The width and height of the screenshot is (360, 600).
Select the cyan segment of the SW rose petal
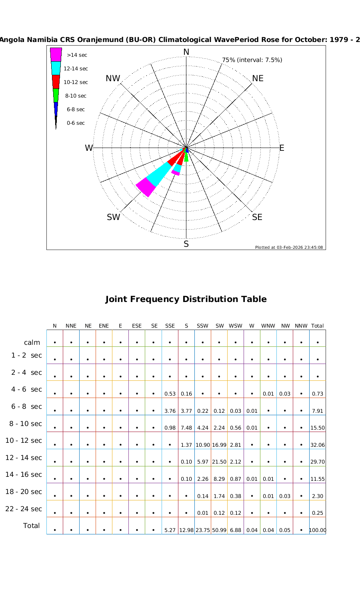pyautogui.click(x=159, y=172)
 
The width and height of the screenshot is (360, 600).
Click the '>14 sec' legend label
pyautogui.click(x=77, y=55)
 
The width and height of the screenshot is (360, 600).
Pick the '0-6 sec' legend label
pyautogui.click(x=76, y=123)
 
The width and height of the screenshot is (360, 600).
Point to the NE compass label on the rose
pyautogui.click(x=258, y=78)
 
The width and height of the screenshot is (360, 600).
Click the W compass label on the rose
pyautogui.click(x=89, y=148)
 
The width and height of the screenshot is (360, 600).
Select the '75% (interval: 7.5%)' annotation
pyautogui.click(x=252, y=60)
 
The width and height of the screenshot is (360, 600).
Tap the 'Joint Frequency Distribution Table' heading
pyautogui.click(x=186, y=299)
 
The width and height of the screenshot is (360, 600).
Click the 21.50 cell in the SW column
pyautogui.click(x=219, y=462)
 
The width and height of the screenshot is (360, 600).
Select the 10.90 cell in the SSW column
pyautogui.click(x=203, y=445)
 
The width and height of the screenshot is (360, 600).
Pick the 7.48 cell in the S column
pyautogui.click(x=186, y=428)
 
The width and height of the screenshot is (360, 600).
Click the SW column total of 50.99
pyautogui.click(x=219, y=530)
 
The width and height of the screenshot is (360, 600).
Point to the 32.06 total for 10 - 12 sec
pyautogui.click(x=318, y=445)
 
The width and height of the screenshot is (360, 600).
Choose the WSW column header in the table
pyautogui.click(x=236, y=326)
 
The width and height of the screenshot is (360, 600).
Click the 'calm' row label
pyautogui.click(x=32, y=342)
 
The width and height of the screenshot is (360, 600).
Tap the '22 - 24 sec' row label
pyautogui.click(x=24, y=509)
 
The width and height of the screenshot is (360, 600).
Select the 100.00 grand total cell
pyautogui.click(x=318, y=530)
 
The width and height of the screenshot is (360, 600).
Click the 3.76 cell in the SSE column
pyautogui.click(x=170, y=411)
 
